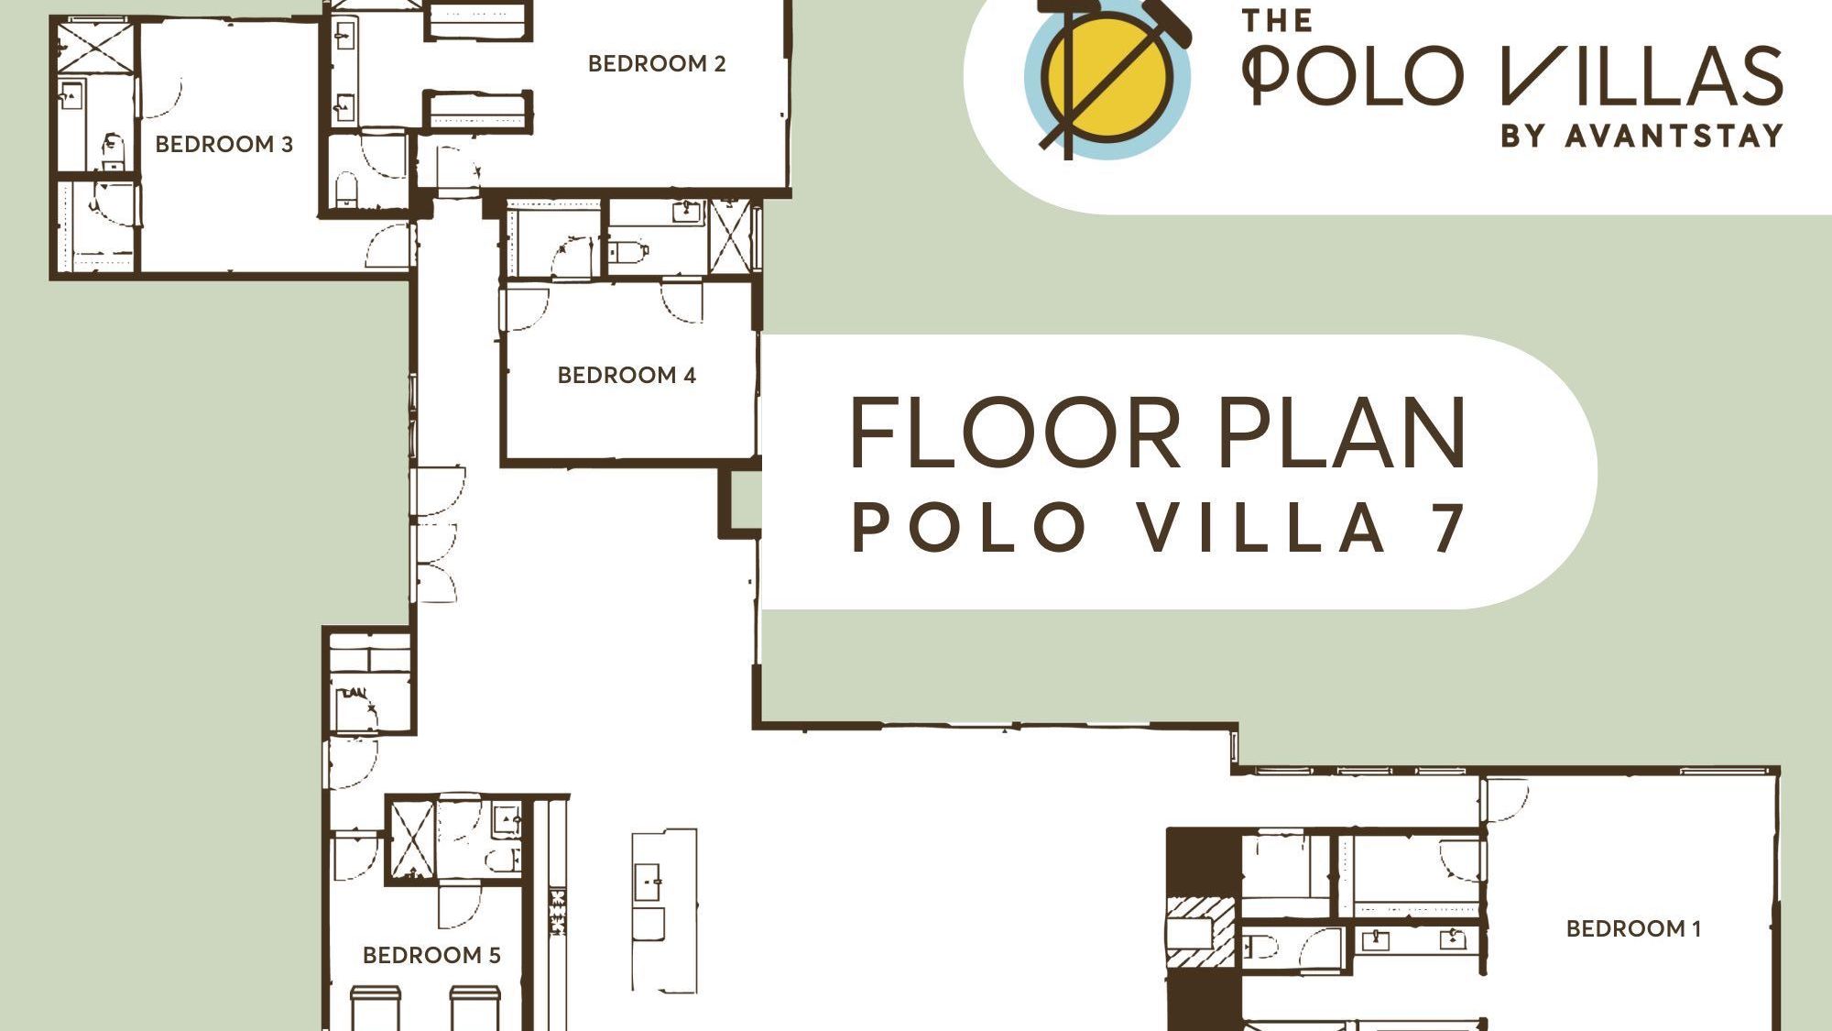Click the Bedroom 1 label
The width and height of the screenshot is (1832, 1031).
point(1633,928)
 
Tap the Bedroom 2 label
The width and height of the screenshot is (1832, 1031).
point(656,63)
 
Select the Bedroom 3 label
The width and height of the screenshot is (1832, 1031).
point(224,144)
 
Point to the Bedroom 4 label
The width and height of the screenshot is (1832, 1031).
point(627,375)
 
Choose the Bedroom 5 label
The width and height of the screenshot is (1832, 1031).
point(431,955)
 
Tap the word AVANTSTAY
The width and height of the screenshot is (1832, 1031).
point(1674,136)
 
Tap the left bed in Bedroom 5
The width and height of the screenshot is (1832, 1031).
point(376,1007)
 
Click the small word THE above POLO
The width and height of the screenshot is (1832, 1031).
point(1277,20)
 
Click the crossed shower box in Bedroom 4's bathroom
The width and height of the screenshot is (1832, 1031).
point(730,236)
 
